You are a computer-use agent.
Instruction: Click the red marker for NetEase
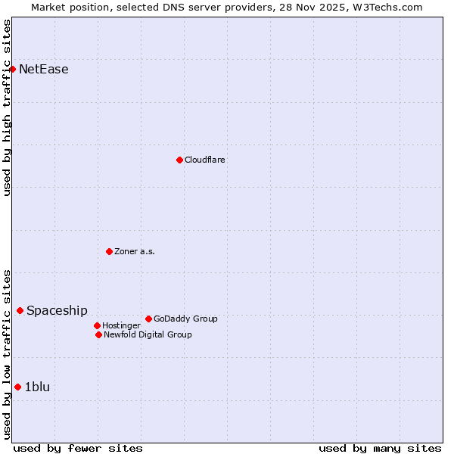pyautogui.click(x=13, y=70)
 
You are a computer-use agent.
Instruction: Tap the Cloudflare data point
pyautogui.click(x=179, y=160)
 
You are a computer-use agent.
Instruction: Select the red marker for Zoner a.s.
pyautogui.click(x=109, y=251)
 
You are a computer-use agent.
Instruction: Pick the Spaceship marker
pyautogui.click(x=20, y=310)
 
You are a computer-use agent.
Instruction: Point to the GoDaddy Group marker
pyautogui.click(x=148, y=319)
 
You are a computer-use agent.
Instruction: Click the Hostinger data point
pyautogui.click(x=98, y=325)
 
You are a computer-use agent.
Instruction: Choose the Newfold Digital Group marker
pyautogui.click(x=98, y=334)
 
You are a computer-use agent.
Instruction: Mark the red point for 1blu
pyautogui.click(x=17, y=387)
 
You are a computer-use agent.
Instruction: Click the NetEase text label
pyautogui.click(x=44, y=70)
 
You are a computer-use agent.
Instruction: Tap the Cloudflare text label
pyautogui.click(x=205, y=160)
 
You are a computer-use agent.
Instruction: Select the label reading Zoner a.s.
pyautogui.click(x=135, y=251)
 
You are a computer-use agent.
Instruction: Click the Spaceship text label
pyautogui.click(x=58, y=310)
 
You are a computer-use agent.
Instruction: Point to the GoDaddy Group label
pyautogui.click(x=185, y=319)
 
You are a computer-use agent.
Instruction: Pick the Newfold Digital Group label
pyautogui.click(x=148, y=334)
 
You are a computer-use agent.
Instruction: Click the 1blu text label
pyautogui.click(x=38, y=387)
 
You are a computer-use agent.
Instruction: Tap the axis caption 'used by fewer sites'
pyautogui.click(x=78, y=448)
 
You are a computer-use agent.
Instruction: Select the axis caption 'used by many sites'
pyautogui.click(x=380, y=448)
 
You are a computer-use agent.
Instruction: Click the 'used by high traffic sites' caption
pyautogui.click(x=7, y=107)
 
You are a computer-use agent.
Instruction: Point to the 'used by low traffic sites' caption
pyautogui.click(x=7, y=354)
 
